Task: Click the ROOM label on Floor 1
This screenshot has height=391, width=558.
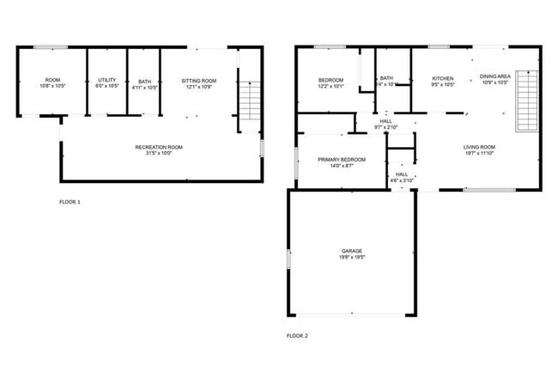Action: (52, 81)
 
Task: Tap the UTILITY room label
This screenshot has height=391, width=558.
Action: (107, 81)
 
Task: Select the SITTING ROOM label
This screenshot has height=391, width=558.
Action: (198, 81)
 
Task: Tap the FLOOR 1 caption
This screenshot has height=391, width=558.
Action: (70, 202)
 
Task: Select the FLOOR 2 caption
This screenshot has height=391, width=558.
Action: (297, 335)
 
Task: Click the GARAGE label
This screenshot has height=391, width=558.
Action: (352, 250)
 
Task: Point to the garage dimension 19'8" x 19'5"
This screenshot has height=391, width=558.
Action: (352, 257)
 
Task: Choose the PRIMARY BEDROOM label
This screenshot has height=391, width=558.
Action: (342, 160)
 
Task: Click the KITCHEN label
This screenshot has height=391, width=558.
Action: (443, 78)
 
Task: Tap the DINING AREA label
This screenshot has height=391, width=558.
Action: (495, 76)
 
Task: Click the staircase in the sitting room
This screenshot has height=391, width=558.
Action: (248, 102)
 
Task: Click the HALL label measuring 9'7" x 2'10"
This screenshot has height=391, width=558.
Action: (385, 121)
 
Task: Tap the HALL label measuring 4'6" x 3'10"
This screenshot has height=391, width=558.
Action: (402, 174)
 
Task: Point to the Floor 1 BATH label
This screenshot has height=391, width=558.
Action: (144, 82)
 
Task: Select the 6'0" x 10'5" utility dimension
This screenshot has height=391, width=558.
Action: (107, 87)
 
